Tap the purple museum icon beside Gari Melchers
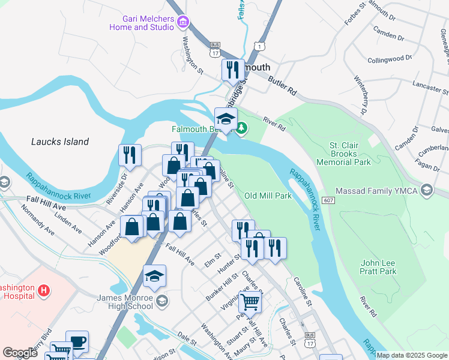point(184,23)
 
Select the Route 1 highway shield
point(258,46)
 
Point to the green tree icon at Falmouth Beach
point(241,127)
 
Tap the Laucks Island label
point(60,142)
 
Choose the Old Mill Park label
point(268,196)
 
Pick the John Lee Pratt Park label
point(378,267)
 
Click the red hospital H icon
point(43,291)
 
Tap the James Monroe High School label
point(125,302)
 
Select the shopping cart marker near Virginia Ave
point(249,302)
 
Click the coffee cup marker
point(77,341)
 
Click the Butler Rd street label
point(283,87)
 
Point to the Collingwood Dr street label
point(390,59)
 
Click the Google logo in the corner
point(20,353)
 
